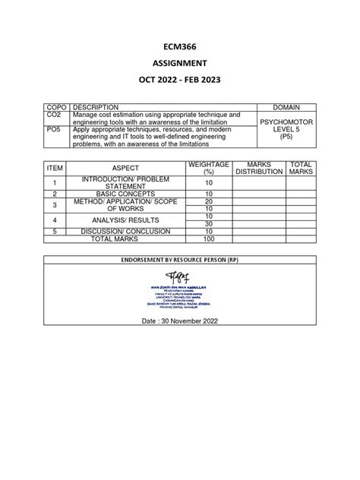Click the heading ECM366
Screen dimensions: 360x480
click(x=179, y=46)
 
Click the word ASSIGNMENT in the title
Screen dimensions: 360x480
click(x=179, y=65)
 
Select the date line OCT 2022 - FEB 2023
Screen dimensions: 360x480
click(x=179, y=84)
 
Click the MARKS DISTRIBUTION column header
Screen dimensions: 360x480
click(x=258, y=167)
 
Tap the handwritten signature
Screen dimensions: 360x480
click(x=179, y=273)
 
